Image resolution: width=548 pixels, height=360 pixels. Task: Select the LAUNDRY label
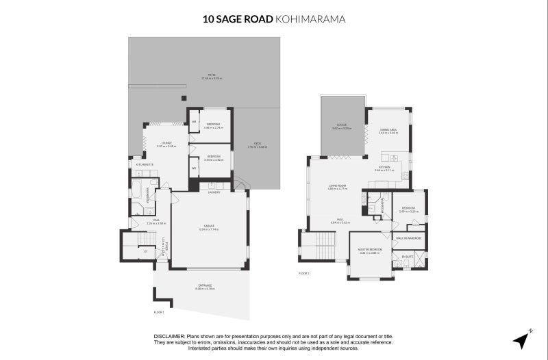(214, 192)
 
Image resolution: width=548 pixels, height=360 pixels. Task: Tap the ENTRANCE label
(205, 285)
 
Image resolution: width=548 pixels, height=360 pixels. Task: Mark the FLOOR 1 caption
(159, 311)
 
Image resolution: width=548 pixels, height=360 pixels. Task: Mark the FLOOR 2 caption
(304, 273)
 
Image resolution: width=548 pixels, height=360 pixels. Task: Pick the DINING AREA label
(388, 129)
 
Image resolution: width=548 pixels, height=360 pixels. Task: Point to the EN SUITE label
(408, 255)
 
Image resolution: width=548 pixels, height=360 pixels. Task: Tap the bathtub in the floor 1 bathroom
(136, 190)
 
